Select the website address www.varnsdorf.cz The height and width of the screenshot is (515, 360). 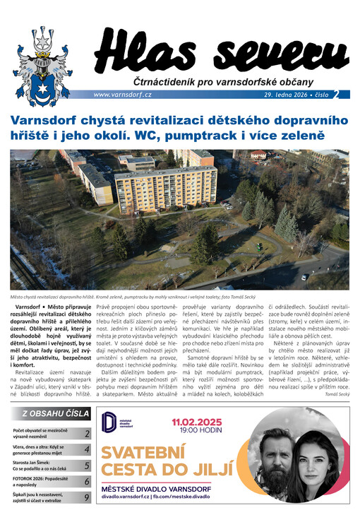click(x=122, y=95)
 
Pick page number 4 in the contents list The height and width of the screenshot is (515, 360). click(x=87, y=449)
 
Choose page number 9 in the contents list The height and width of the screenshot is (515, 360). click(x=87, y=497)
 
